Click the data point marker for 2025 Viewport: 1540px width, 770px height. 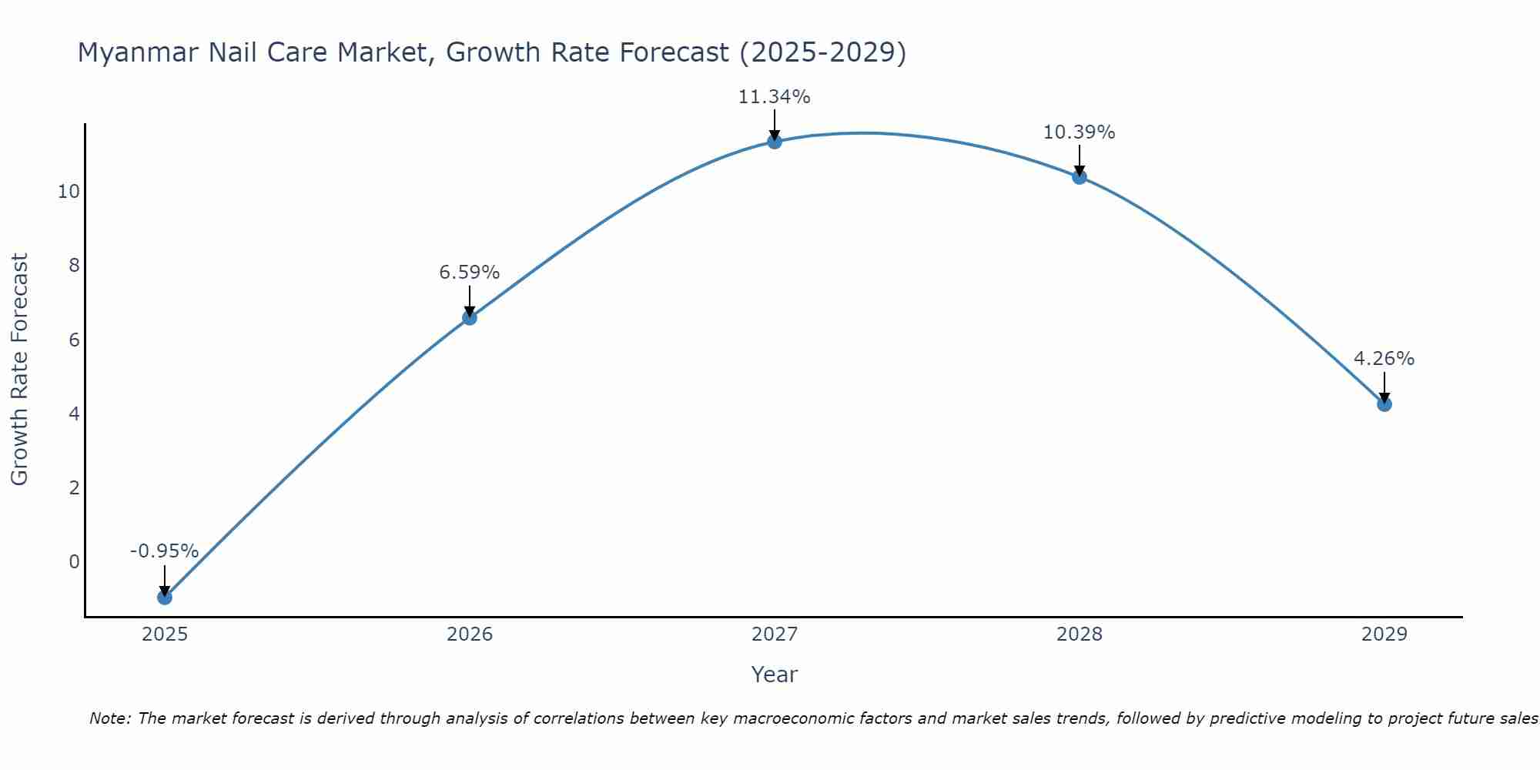coord(164,597)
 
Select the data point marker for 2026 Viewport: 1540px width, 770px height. coord(469,317)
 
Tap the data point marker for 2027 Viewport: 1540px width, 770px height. coord(774,141)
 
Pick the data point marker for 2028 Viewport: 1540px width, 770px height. coord(1079,176)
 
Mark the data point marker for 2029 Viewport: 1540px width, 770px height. coord(1384,403)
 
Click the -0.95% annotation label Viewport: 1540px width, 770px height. coord(164,551)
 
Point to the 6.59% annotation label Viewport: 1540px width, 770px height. coord(469,273)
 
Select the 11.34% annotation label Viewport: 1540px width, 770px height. coord(774,97)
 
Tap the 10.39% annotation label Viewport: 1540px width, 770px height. coord(1079,132)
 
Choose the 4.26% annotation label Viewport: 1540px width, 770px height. coord(1384,359)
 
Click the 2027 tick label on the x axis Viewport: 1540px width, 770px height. coord(774,634)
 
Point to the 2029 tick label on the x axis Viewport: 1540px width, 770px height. coord(1384,634)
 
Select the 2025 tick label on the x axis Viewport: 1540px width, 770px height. coord(165,634)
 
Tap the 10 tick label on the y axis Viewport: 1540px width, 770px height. coord(69,192)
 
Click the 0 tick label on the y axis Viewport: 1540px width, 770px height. coord(74,562)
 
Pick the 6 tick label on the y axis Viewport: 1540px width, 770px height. coord(74,340)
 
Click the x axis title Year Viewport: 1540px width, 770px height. coord(774,675)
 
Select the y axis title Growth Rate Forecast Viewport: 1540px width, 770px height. coord(20,370)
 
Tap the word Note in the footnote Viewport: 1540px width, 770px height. coord(109,719)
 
